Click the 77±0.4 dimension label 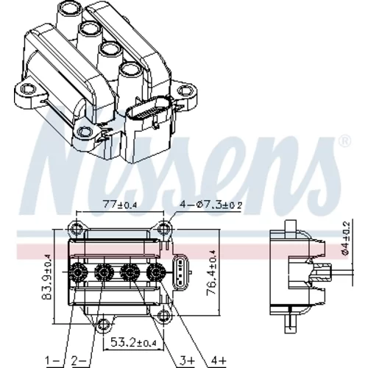coord(119,205)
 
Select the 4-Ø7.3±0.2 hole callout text coord(211,205)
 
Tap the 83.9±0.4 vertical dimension coord(46,277)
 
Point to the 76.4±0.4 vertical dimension coord(211,273)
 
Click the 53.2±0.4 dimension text coord(134,342)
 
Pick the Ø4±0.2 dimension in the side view coord(345,238)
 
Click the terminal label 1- coord(53,361)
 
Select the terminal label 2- coord(79,361)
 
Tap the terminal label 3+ coord(186,361)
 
